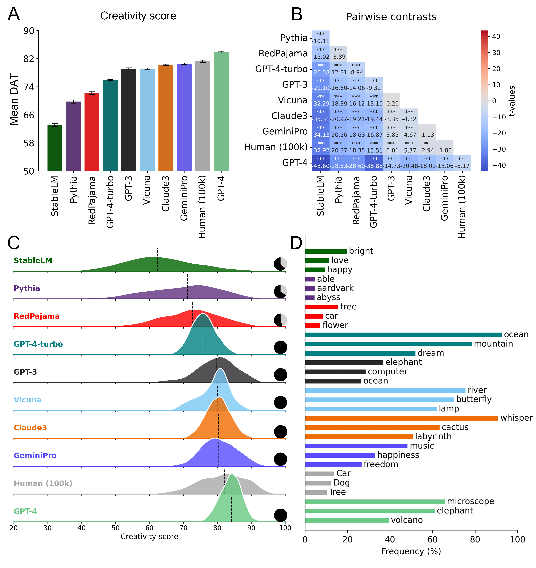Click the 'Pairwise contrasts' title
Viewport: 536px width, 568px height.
point(391,17)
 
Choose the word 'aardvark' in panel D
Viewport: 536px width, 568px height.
point(335,288)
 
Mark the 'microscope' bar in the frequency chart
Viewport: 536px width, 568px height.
point(375,502)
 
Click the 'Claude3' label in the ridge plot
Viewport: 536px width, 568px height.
point(30,428)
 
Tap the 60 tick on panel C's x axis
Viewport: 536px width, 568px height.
point(149,528)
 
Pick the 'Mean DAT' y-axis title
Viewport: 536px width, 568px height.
point(14,99)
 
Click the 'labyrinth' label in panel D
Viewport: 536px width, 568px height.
point(433,436)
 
